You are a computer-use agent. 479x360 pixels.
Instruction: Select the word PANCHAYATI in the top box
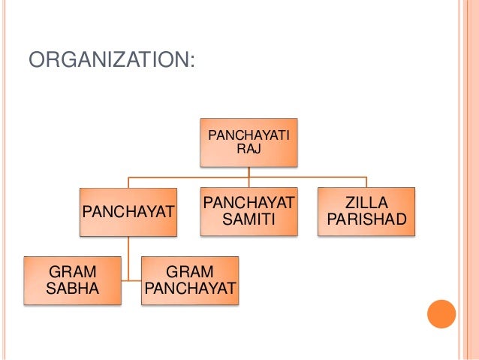(x=248, y=135)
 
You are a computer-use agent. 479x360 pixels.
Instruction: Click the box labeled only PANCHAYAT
(x=128, y=213)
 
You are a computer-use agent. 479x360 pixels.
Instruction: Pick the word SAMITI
(x=249, y=219)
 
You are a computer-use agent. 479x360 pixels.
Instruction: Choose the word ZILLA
(x=365, y=203)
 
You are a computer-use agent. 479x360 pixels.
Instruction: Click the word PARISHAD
(x=365, y=219)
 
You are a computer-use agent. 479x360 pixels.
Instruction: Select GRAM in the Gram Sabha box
(x=71, y=271)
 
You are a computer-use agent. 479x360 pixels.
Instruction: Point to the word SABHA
(x=71, y=288)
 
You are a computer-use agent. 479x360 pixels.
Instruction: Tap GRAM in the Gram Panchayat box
(x=189, y=271)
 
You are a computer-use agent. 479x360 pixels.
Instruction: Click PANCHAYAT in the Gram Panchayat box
(x=189, y=288)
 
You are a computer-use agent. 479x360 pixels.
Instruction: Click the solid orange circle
(x=441, y=313)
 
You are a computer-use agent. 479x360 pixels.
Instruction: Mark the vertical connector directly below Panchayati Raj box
(x=249, y=171)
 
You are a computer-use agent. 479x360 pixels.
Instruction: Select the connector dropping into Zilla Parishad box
(x=366, y=182)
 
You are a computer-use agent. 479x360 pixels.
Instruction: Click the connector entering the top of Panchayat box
(x=129, y=182)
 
